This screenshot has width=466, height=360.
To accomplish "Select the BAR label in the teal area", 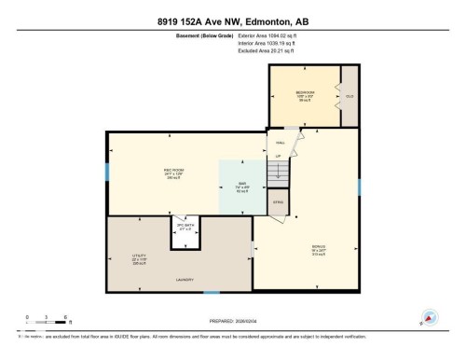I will (x=241, y=184).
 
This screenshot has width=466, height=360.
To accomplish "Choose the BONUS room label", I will (x=319, y=246).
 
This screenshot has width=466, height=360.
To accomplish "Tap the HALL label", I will (x=279, y=143).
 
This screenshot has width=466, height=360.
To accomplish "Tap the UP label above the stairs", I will (x=278, y=155).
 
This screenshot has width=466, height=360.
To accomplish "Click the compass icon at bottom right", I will (x=430, y=318).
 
